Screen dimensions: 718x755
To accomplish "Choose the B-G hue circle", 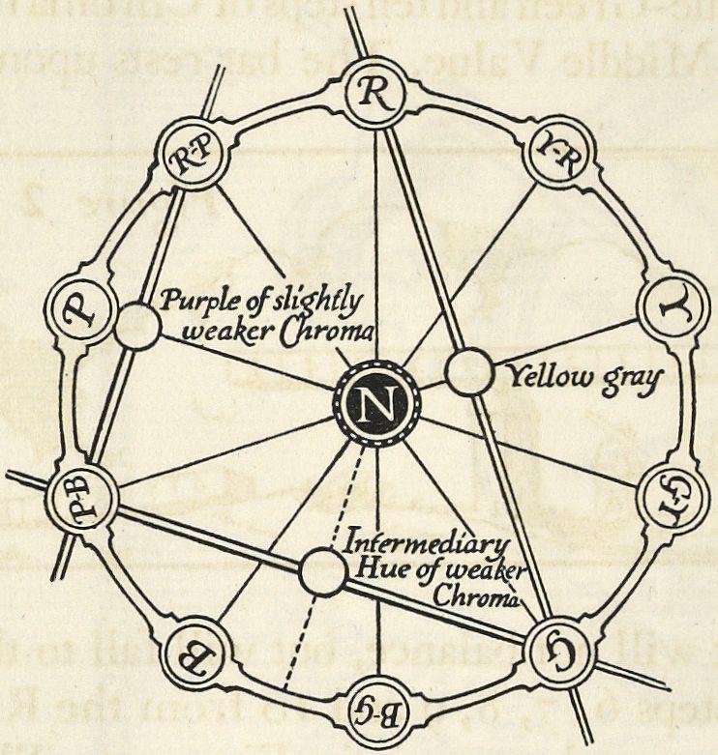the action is (x=380, y=712).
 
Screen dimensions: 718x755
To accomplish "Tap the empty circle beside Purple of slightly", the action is (x=137, y=326).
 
